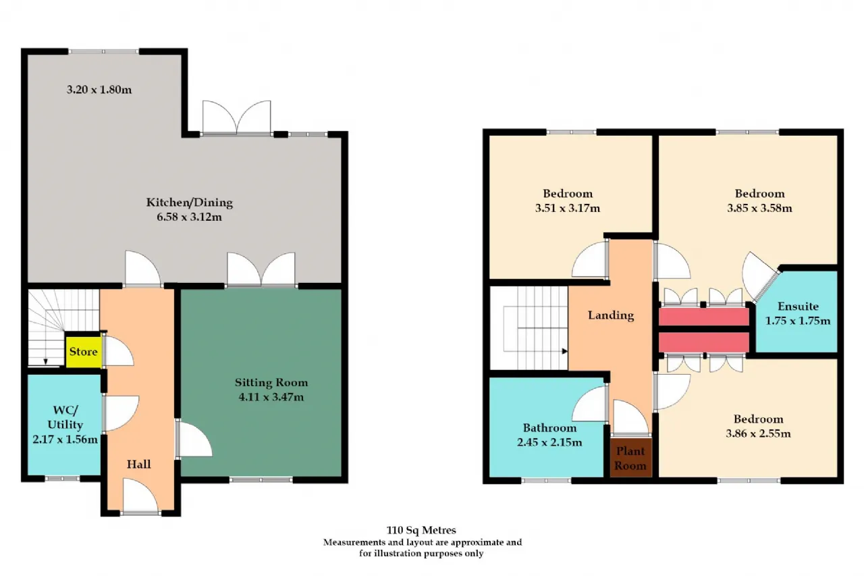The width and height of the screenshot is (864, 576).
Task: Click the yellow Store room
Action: click(x=83, y=351)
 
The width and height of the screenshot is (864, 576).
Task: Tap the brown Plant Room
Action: click(x=630, y=458)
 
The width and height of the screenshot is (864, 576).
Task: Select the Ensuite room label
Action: click(x=798, y=307)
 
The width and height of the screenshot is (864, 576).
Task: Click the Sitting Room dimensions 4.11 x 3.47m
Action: click(x=271, y=397)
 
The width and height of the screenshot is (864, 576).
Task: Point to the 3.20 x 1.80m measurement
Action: click(x=99, y=90)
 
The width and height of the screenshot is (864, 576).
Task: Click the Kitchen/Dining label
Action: click(x=190, y=203)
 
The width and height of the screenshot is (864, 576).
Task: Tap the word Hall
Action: click(x=139, y=464)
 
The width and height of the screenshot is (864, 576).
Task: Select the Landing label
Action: click(x=611, y=315)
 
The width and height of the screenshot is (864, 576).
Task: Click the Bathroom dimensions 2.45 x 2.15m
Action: click(x=549, y=442)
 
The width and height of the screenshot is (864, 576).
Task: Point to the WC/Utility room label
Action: click(x=65, y=417)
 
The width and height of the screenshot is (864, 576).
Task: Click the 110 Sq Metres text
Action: click(x=421, y=531)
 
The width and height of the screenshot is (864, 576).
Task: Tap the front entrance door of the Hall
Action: click(x=140, y=496)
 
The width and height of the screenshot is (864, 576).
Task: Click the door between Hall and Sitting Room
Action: click(x=194, y=439)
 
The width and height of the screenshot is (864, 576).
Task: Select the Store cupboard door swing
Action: click(x=118, y=351)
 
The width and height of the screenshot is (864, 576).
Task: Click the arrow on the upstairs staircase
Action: click(x=565, y=351)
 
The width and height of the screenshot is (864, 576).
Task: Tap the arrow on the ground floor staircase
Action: click(x=45, y=361)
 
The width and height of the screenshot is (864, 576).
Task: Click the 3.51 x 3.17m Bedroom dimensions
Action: click(x=568, y=209)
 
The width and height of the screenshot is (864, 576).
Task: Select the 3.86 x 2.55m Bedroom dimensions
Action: click(x=758, y=434)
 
